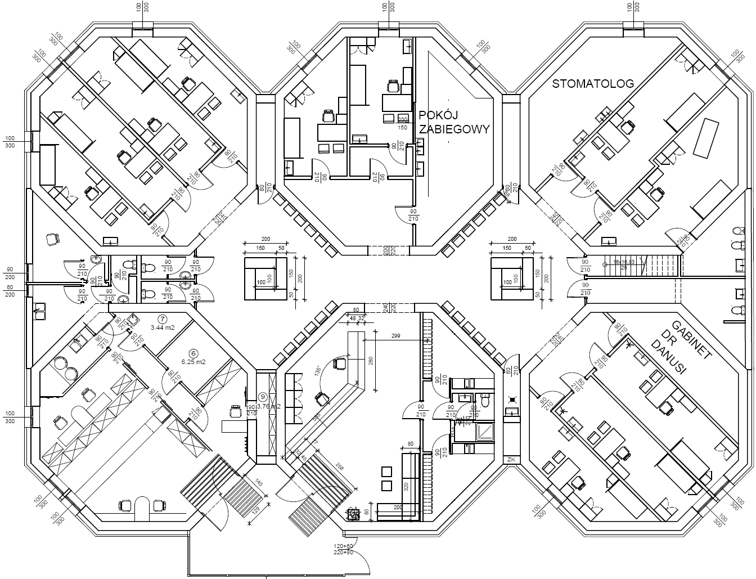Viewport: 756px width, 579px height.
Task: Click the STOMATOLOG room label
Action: [x=593, y=84]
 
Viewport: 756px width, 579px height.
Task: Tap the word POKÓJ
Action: [x=436, y=116]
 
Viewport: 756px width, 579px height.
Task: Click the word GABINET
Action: [x=692, y=340]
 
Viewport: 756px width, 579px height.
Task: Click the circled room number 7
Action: [x=162, y=318]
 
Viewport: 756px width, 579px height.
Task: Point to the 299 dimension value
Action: [x=395, y=336]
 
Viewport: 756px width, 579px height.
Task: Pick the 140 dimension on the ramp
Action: [x=258, y=483]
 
